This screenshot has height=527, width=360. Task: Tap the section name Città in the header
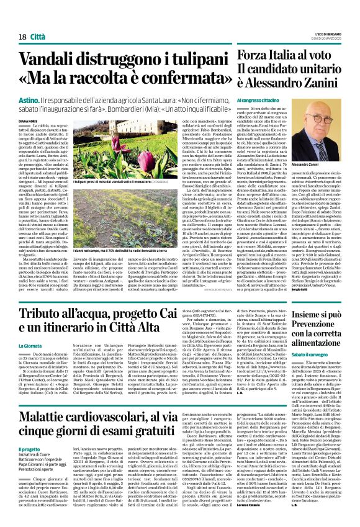[x=30, y=20]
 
